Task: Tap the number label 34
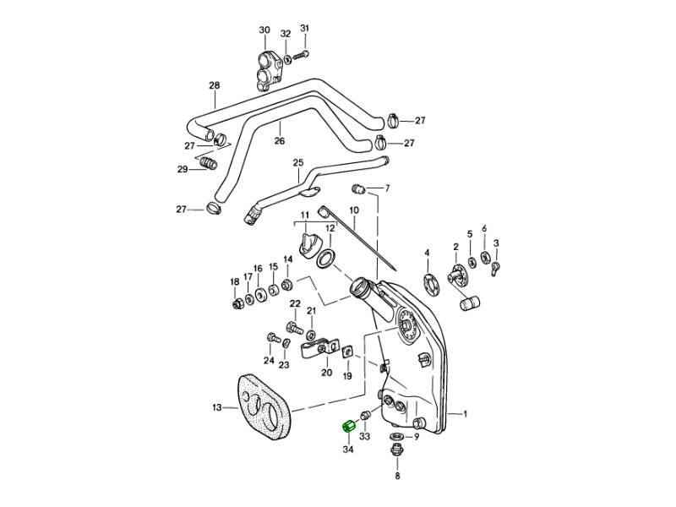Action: pyautogui.click(x=347, y=450)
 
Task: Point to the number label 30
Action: pyautogui.click(x=264, y=30)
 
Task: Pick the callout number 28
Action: pyautogui.click(x=214, y=85)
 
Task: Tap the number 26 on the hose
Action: pyautogui.click(x=280, y=141)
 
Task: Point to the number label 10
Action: pyautogui.click(x=353, y=210)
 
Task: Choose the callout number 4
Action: pyautogui.click(x=427, y=253)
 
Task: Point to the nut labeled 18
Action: pyautogui.click(x=237, y=303)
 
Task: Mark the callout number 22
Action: pyautogui.click(x=295, y=304)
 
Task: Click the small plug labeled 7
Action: pyautogui.click(x=358, y=187)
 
